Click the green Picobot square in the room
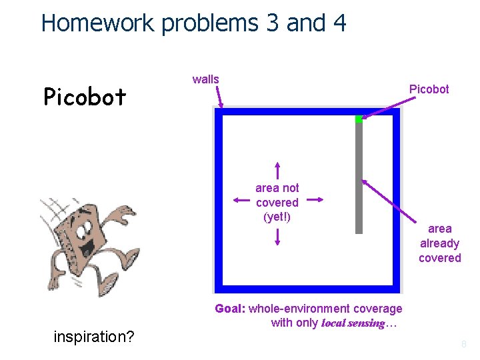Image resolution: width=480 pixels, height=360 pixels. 358,119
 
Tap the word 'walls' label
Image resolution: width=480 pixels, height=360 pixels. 205,79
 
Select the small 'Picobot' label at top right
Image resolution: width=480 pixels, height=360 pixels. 429,89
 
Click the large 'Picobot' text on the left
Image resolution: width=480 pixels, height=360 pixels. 85,97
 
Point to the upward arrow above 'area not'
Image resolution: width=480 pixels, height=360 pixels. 277,170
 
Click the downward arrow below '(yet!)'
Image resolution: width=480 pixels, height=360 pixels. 277,237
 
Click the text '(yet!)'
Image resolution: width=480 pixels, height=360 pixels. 277,217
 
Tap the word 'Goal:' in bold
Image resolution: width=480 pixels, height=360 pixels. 230,309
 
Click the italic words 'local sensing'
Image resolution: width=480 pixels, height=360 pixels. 353,323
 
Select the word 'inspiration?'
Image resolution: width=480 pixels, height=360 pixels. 93,337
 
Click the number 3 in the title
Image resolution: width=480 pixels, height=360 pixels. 272,23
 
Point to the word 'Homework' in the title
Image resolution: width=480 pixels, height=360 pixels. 97,23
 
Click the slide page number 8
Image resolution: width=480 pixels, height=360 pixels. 464,345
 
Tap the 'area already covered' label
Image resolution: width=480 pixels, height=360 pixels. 439,243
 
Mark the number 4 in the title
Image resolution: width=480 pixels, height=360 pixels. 338,23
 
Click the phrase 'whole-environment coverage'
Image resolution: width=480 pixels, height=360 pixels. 325,309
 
